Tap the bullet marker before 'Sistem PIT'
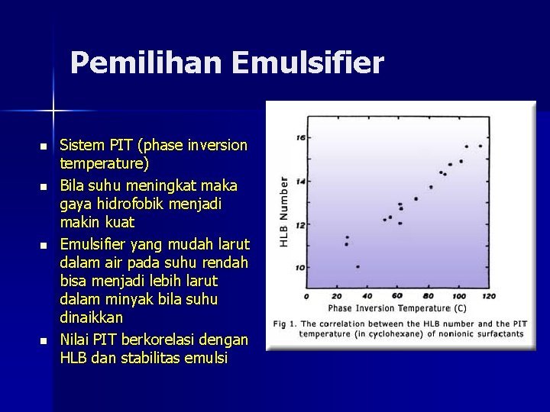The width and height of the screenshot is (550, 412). pos(44,146)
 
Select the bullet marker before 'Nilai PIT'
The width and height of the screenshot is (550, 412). pos(44,340)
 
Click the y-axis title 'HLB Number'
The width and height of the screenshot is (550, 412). pos(284,211)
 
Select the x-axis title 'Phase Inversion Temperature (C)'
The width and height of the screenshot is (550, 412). pos(396,309)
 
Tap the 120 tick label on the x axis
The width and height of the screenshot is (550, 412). pos(489,296)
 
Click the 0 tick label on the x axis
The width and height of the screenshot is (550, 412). pos(306,296)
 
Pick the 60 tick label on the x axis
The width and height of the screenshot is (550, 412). pos(397,296)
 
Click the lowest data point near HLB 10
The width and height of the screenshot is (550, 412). pos(357,266)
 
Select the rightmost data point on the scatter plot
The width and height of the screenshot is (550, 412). pos(480,146)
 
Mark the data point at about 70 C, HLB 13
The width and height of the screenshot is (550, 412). pos(416,199)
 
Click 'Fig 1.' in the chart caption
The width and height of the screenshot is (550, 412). pos(282,324)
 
